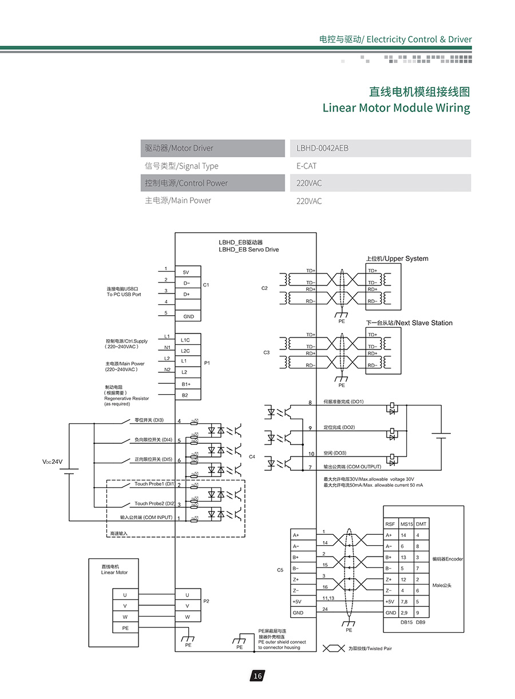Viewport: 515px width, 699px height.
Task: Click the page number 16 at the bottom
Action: pyautogui.click(x=257, y=676)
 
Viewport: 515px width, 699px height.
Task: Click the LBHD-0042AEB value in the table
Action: pyautogui.click(x=323, y=148)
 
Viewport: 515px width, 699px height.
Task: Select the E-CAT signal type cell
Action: pyautogui.click(x=307, y=166)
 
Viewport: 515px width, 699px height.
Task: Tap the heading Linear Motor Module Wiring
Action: pyautogui.click(x=396, y=108)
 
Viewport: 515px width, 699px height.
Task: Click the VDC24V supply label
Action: pyautogui.click(x=52, y=462)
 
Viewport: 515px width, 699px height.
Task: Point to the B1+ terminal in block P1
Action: pyautogui.click(x=186, y=384)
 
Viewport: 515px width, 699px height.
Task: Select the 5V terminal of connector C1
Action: pyautogui.click(x=186, y=272)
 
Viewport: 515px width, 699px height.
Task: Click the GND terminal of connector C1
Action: pyautogui.click(x=188, y=316)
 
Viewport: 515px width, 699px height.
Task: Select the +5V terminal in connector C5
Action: pyautogui.click(x=297, y=602)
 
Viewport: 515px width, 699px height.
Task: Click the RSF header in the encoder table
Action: pyautogui.click(x=390, y=525)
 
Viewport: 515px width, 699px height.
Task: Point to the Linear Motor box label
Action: pyautogui.click(x=114, y=569)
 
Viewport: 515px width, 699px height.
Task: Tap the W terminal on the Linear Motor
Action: pyautogui.click(x=125, y=617)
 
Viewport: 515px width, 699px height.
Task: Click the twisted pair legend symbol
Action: pyautogui.click(x=334, y=648)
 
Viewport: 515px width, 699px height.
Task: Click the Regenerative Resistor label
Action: pyautogui.click(x=126, y=398)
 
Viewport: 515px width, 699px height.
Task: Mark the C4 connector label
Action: pyautogui.click(x=252, y=456)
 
